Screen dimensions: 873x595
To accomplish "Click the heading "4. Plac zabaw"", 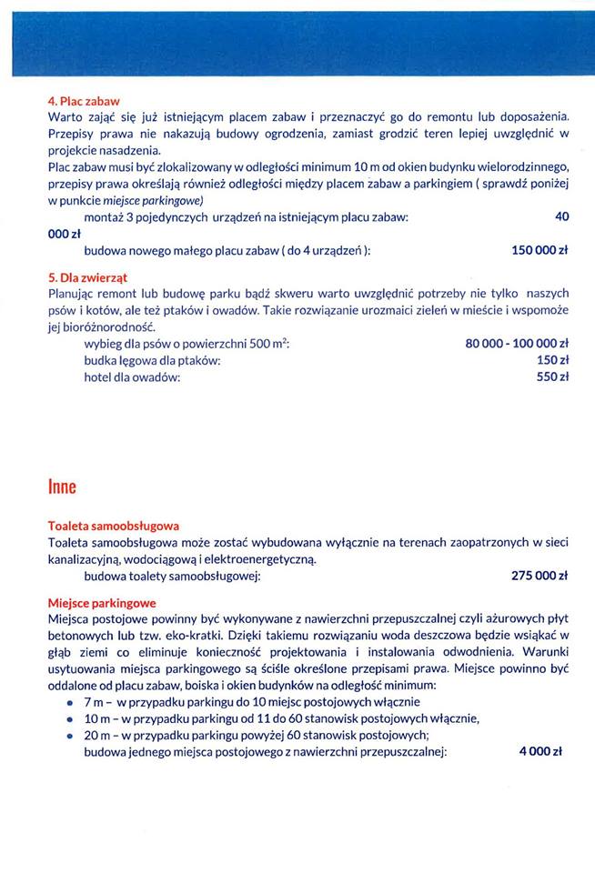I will (x=84, y=101).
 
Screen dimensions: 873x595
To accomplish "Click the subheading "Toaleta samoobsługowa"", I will (x=113, y=526).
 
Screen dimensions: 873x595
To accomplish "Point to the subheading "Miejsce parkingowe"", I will (x=102, y=602).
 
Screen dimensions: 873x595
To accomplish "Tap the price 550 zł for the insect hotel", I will (x=552, y=377).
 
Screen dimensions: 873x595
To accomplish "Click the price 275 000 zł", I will (x=540, y=576).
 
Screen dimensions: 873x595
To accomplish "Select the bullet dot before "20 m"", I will (x=70, y=735).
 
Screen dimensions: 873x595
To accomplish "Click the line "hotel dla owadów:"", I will (x=132, y=377).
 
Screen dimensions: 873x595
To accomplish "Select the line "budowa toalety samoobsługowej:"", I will (x=173, y=576).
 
